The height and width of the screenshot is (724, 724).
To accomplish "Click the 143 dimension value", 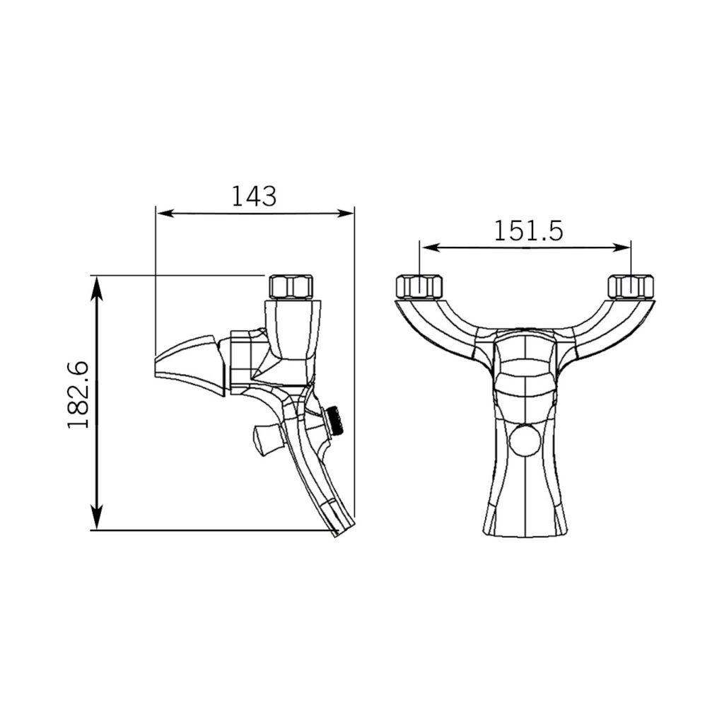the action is click(x=254, y=196).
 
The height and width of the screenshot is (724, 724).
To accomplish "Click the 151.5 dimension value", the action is click(x=528, y=231).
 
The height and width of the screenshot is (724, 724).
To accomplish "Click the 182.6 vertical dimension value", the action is click(x=78, y=395).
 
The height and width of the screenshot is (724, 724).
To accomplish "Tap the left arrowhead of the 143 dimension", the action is click(x=165, y=214).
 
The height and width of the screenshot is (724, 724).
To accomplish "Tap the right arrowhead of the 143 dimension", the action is click(x=345, y=214).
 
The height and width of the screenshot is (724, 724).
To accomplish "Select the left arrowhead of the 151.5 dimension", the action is click(x=428, y=248).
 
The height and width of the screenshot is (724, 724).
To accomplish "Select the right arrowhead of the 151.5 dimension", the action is click(x=621, y=248).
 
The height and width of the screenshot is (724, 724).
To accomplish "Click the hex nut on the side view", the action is click(x=291, y=287).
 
